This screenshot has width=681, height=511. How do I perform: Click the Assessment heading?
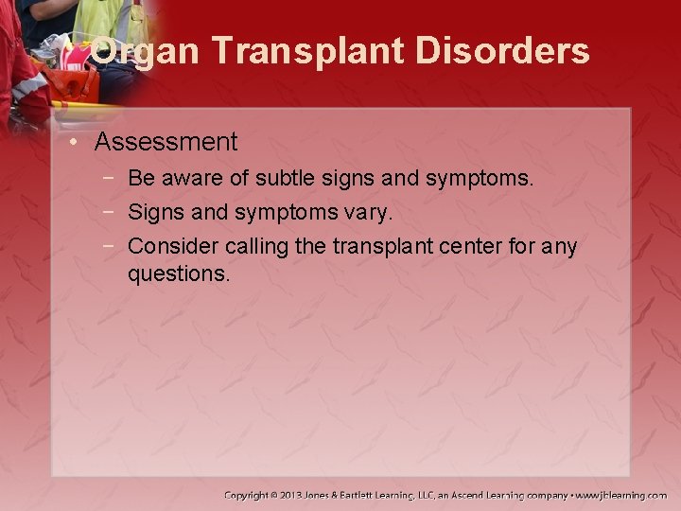[x=166, y=143]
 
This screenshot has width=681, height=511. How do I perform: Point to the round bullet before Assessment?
[x=75, y=143]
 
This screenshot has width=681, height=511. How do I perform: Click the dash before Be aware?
[x=110, y=178]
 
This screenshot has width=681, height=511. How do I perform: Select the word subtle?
[x=282, y=178]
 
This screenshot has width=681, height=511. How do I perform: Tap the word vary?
[x=367, y=213]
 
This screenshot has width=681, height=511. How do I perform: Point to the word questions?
[x=179, y=274]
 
